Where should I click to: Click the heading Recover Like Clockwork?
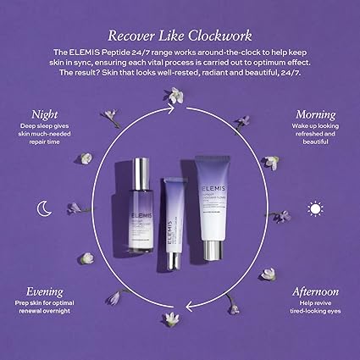point(180,35)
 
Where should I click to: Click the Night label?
point(45,113)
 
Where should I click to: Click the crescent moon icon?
point(42,208)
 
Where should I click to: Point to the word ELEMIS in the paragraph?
point(97,53)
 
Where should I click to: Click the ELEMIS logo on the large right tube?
point(213,170)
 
